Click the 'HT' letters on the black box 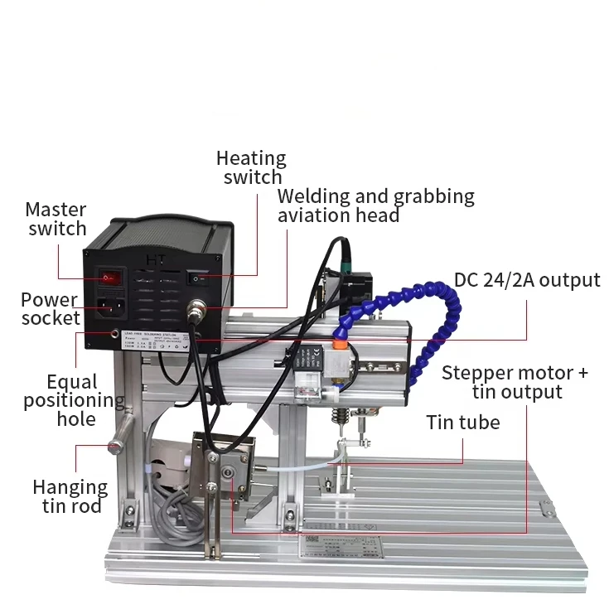pos(155,259)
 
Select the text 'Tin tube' pos(463,423)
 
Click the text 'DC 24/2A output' pos(527,280)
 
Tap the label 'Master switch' pos(56,220)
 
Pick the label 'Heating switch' pos(252,167)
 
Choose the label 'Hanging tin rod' pos(70,496)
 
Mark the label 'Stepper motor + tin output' pos(515,382)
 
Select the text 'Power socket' pos(51,308)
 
